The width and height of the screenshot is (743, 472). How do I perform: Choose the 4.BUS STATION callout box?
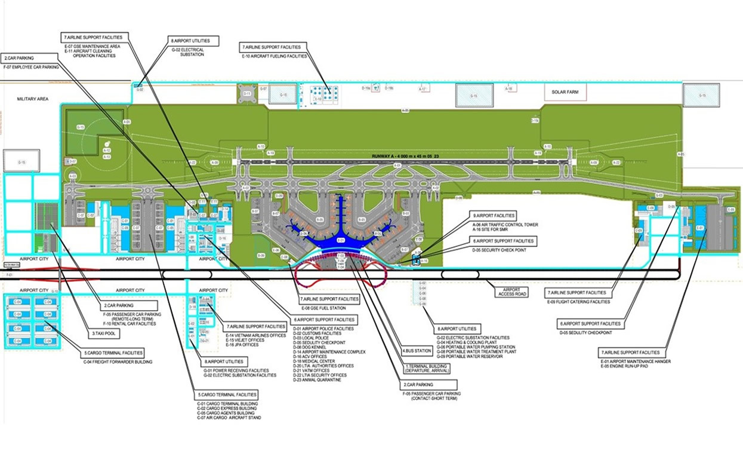tap(417, 351)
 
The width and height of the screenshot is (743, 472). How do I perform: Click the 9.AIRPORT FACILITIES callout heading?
tap(494, 215)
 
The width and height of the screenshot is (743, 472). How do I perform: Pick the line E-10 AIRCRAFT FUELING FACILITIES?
tap(274, 56)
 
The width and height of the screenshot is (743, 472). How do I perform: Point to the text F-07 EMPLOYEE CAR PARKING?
tap(27, 68)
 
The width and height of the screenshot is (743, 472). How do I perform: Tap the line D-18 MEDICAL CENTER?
tap(310, 361)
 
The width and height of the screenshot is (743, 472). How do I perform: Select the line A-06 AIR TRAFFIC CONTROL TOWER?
tap(505, 225)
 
